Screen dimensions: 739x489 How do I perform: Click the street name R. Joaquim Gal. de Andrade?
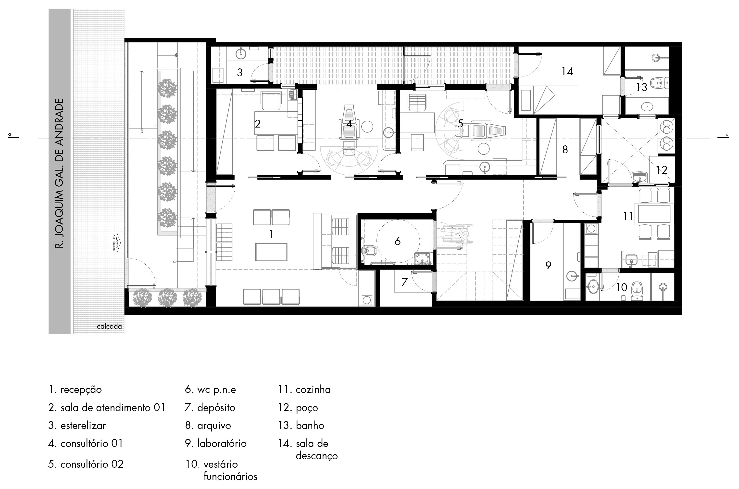(x=59, y=173)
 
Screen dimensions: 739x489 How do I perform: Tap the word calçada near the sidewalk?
(x=109, y=326)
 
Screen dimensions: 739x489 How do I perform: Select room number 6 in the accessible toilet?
(x=397, y=241)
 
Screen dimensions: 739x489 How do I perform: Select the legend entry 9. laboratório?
(x=216, y=443)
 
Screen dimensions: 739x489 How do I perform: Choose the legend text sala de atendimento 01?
(x=113, y=407)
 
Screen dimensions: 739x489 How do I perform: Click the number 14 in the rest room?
(x=567, y=71)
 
